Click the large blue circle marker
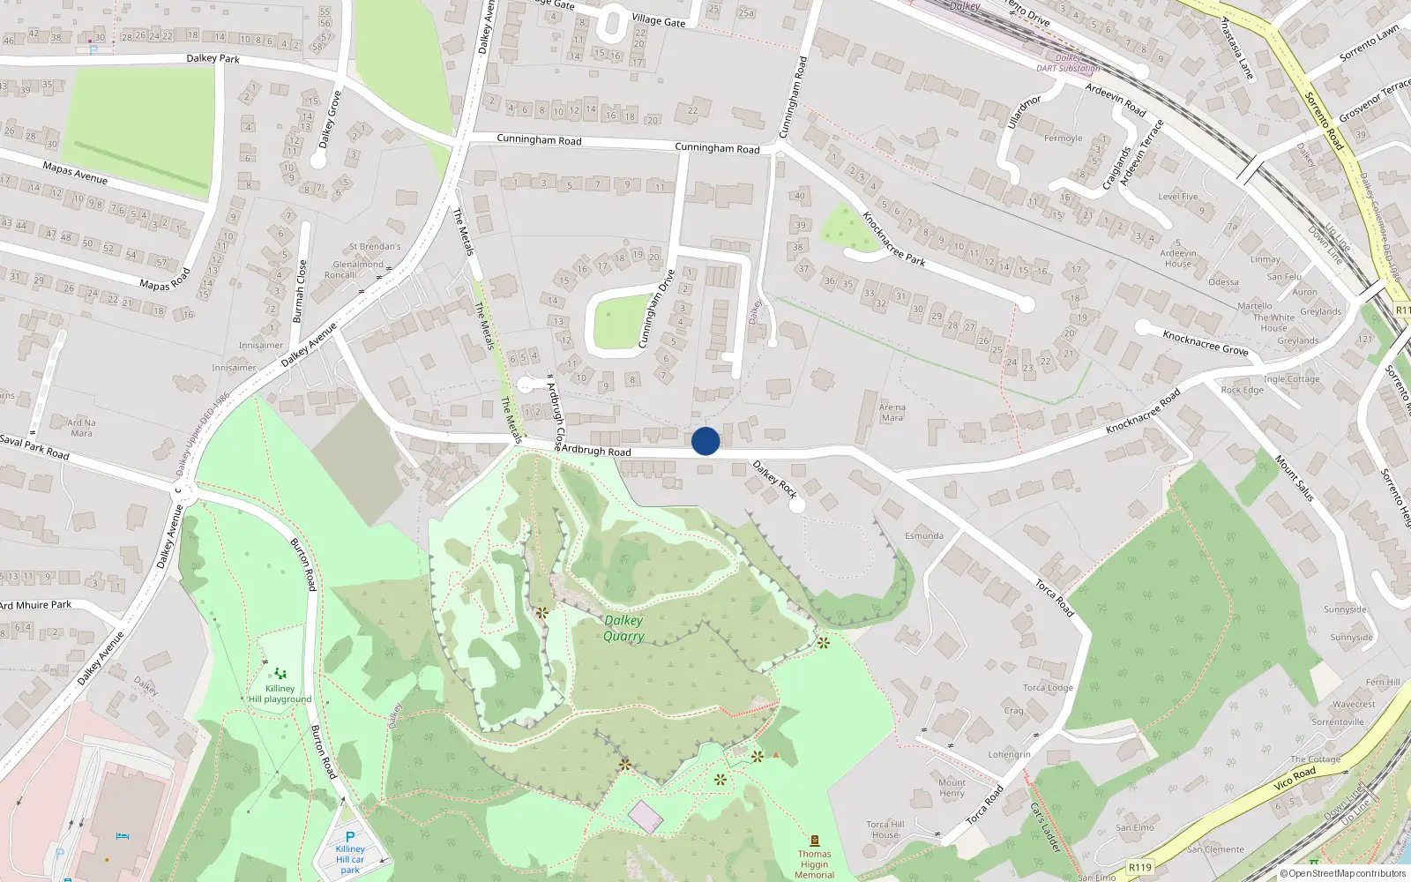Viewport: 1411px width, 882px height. coord(705,441)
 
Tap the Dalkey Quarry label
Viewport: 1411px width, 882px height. coord(623,628)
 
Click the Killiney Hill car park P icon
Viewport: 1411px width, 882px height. coord(350,837)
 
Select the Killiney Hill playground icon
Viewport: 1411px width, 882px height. coord(280,674)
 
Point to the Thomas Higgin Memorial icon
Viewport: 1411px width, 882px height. coord(814,841)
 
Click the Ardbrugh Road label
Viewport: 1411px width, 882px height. coord(596,451)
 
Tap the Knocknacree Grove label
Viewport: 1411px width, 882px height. coord(1205,342)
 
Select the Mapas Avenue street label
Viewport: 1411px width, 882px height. coord(75,173)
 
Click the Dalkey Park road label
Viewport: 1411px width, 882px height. coord(213,58)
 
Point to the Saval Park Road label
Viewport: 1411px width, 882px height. coord(34,447)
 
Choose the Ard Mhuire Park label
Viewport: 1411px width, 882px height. coord(36,605)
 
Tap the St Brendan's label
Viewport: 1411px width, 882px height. coord(375,247)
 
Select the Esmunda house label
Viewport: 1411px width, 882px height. coord(923,535)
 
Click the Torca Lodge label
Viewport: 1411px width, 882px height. coord(1048,688)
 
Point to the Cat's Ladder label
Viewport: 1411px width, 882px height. coord(1045,826)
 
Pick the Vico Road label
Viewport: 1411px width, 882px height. coord(1295,778)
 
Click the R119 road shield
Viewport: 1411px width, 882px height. coord(1139,867)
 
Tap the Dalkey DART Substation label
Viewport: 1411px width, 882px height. coord(1068,64)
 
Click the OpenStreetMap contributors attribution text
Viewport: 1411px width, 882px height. coord(1343,873)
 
